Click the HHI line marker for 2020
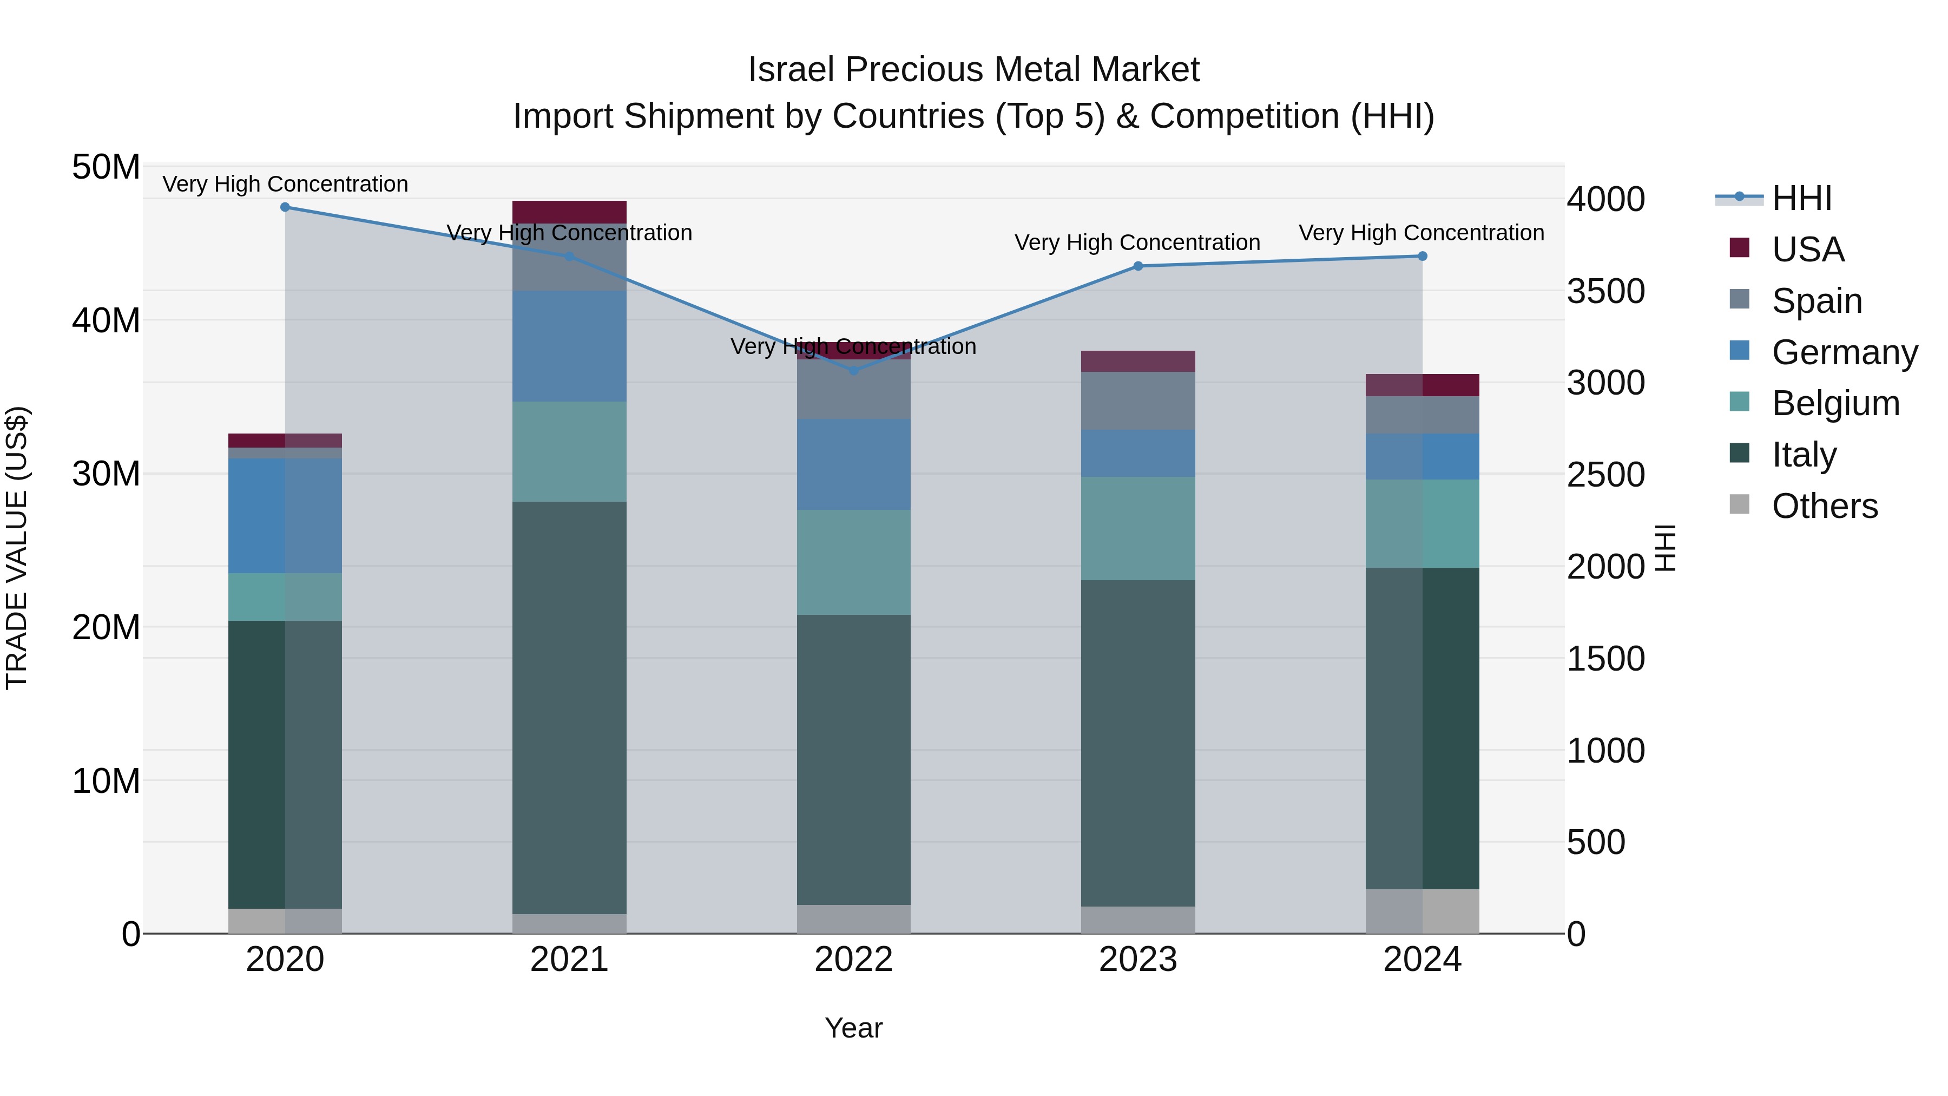(285, 207)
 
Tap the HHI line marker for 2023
(1138, 266)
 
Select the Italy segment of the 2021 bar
(569, 707)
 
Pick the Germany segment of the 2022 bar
(854, 464)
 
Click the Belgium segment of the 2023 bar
(1138, 529)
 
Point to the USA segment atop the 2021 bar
(569, 212)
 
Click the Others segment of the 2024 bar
(1423, 911)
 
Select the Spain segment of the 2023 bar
(1138, 401)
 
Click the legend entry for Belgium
(1835, 403)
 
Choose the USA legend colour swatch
(1739, 248)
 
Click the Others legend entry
(1824, 506)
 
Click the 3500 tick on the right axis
(1605, 291)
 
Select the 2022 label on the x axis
(854, 960)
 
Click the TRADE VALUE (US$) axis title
(17, 548)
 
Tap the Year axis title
(854, 1028)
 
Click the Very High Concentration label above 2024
(1421, 233)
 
